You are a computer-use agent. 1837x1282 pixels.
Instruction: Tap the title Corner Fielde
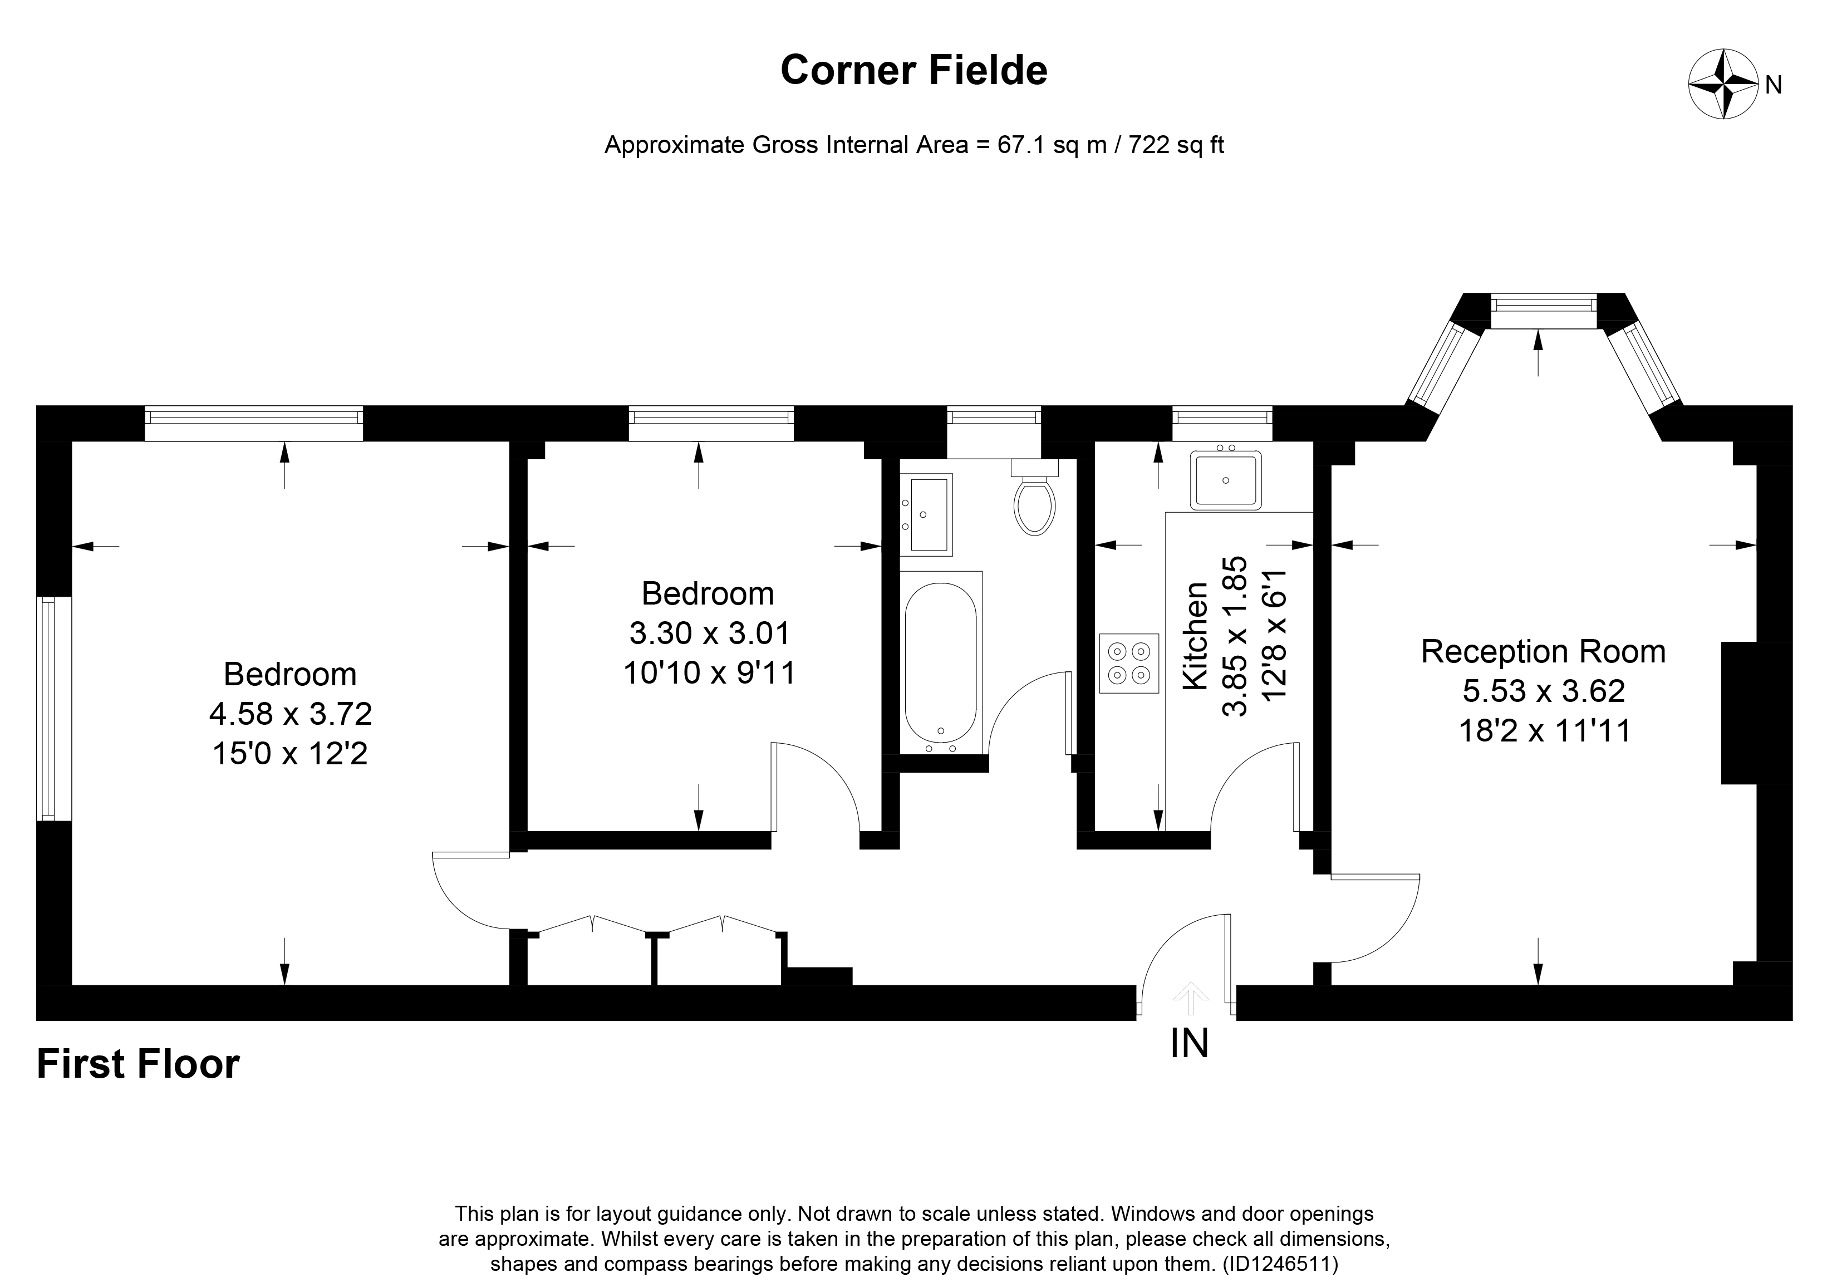pyautogui.click(x=913, y=71)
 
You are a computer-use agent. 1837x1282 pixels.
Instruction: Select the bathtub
pyautogui.click(x=941, y=662)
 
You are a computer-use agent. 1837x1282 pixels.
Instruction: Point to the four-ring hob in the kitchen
pyautogui.click(x=1129, y=662)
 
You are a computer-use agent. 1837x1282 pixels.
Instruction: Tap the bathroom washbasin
pyautogui.click(x=928, y=514)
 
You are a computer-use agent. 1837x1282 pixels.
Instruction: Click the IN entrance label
pyautogui.click(x=1189, y=1044)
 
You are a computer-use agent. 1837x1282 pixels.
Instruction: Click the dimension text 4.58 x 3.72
pyautogui.click(x=291, y=714)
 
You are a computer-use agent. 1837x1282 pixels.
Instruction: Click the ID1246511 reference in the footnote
pyautogui.click(x=1279, y=1264)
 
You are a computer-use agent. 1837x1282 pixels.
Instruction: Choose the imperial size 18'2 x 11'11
pyautogui.click(x=1544, y=731)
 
